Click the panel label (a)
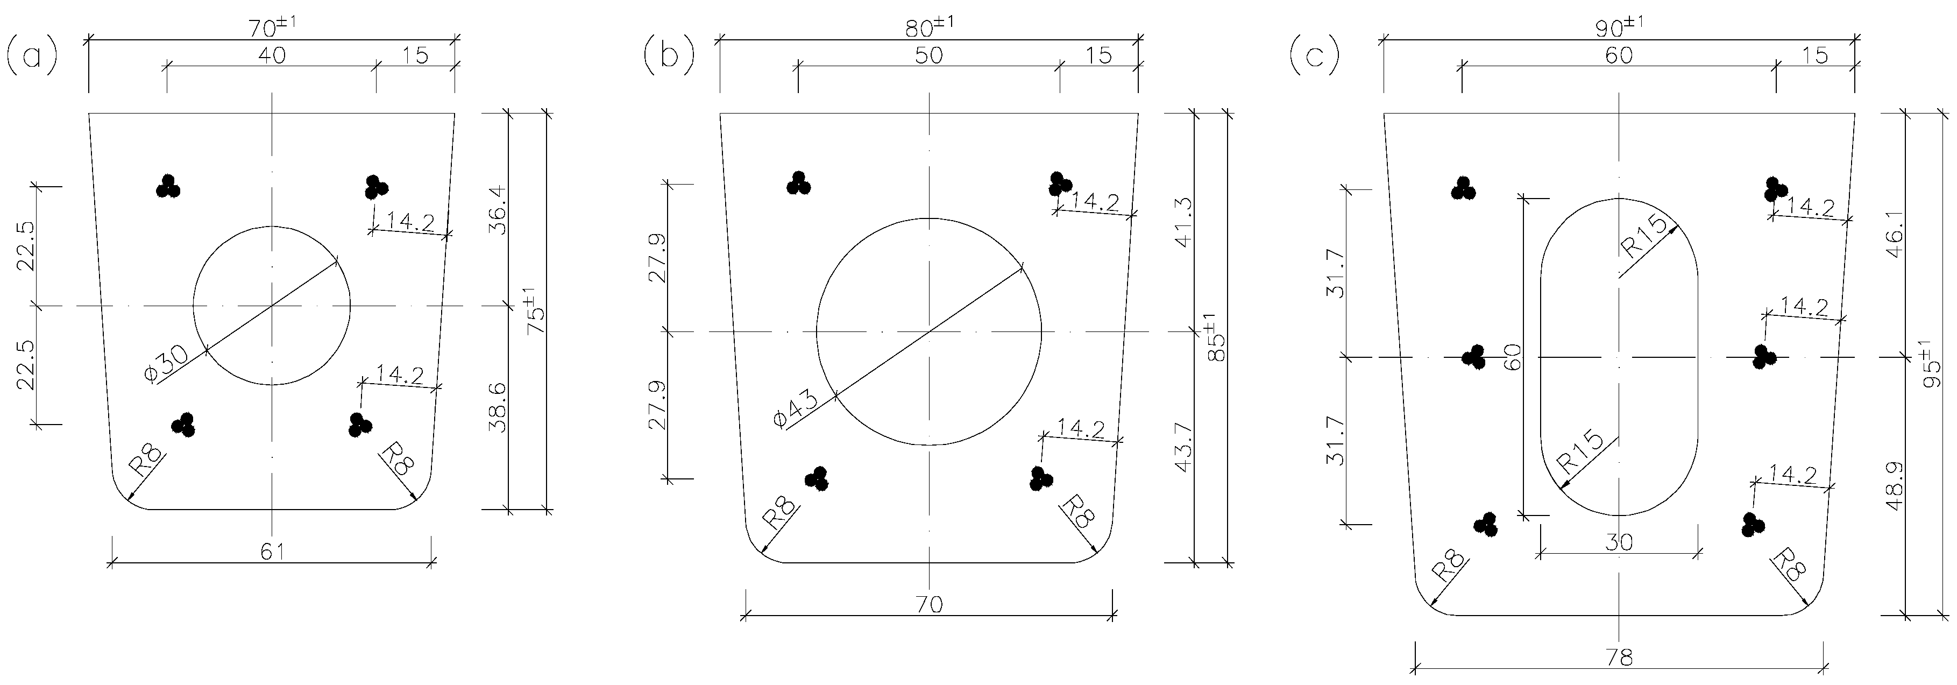coord(31,57)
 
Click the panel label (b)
coord(668,57)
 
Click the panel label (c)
coord(1314,57)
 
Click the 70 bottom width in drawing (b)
coord(928,604)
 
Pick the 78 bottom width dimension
coord(1620,658)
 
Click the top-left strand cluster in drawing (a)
coord(168,186)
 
